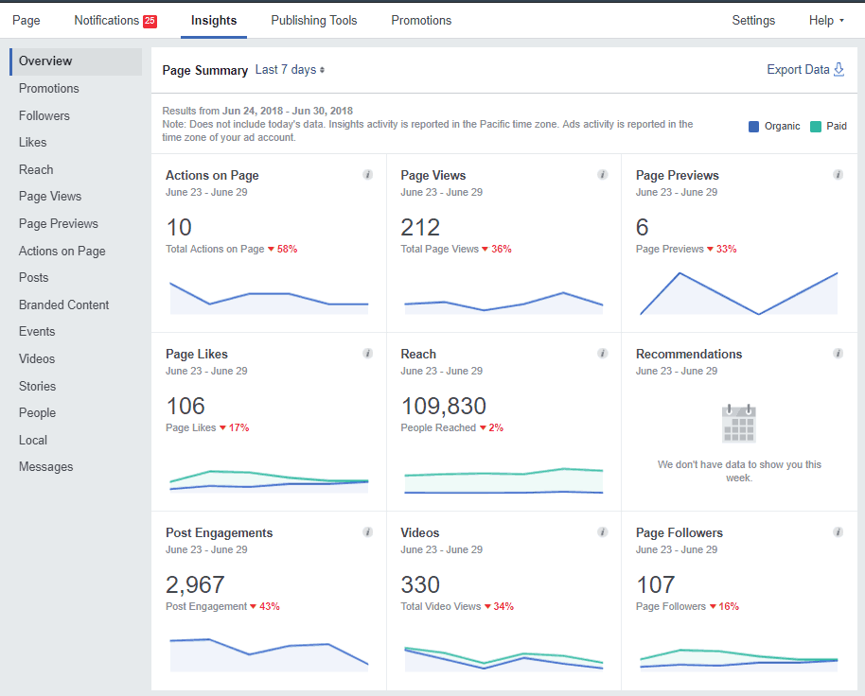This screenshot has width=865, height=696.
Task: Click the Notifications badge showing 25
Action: (x=150, y=21)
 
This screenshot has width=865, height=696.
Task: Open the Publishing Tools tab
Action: (x=313, y=20)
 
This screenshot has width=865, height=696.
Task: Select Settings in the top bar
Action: (x=753, y=20)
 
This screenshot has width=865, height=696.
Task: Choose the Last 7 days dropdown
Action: (x=290, y=70)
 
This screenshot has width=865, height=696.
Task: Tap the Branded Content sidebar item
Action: (x=63, y=304)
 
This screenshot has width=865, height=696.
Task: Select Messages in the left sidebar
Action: (x=45, y=467)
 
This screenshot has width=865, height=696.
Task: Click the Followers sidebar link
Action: (x=44, y=115)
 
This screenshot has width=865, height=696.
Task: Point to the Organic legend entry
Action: (x=781, y=126)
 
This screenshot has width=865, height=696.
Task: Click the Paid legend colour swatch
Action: (x=816, y=126)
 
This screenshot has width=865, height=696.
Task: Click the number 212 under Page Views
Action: (x=420, y=228)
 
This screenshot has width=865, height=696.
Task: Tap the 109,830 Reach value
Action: (x=443, y=407)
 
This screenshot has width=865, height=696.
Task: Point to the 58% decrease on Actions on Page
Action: (x=287, y=250)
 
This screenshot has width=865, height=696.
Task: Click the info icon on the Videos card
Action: (x=603, y=532)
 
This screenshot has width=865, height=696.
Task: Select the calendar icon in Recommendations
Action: (x=739, y=424)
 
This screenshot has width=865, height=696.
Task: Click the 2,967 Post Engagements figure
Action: (x=195, y=585)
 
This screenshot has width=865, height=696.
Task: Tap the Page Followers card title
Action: (x=679, y=533)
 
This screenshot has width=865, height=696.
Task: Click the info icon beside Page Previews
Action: (x=838, y=175)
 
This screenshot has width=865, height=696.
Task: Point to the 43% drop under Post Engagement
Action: (x=269, y=607)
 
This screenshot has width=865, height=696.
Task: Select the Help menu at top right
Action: (x=825, y=20)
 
